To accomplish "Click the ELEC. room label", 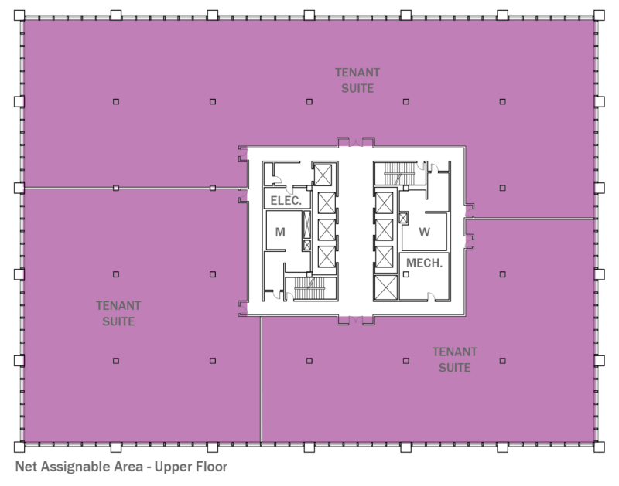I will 286,200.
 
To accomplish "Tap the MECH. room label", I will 424,263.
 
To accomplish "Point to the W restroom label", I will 424,231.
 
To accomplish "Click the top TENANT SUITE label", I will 357,80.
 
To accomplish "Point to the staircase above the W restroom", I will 395,172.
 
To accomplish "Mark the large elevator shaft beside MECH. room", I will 385,288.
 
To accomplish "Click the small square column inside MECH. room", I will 403,217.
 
